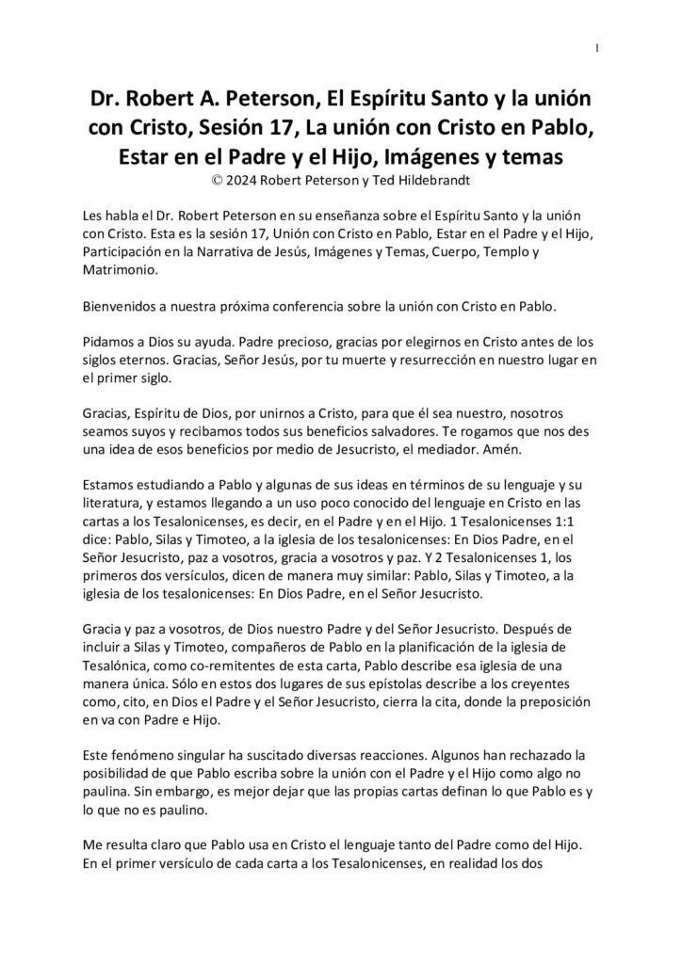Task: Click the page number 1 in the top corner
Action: [x=597, y=49]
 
